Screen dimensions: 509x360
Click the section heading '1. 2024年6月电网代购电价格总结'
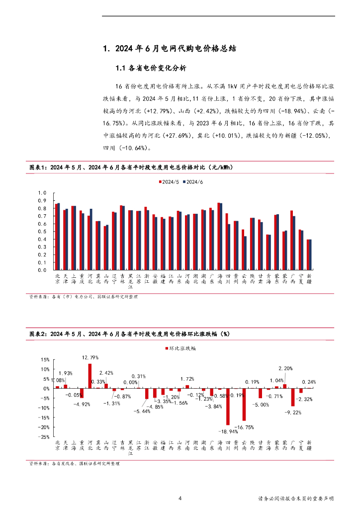[x=169, y=49]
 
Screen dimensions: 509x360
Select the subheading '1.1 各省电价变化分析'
[x=151, y=68]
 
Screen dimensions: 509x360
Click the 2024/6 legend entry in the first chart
[x=193, y=182]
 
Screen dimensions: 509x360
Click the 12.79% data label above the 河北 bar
[x=90, y=357]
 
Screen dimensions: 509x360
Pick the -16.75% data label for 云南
[x=245, y=427]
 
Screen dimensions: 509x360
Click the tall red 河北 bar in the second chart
[x=90, y=376]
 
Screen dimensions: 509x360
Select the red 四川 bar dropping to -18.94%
[x=228, y=407]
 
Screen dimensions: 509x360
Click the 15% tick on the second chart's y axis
[x=44, y=359]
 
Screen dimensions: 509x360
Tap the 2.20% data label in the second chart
[x=285, y=368]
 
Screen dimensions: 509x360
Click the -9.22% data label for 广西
[x=291, y=413]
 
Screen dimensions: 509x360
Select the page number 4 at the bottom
[x=180, y=499]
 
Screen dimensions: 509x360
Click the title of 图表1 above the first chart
[x=131, y=168]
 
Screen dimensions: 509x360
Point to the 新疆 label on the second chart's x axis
[x=309, y=445]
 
